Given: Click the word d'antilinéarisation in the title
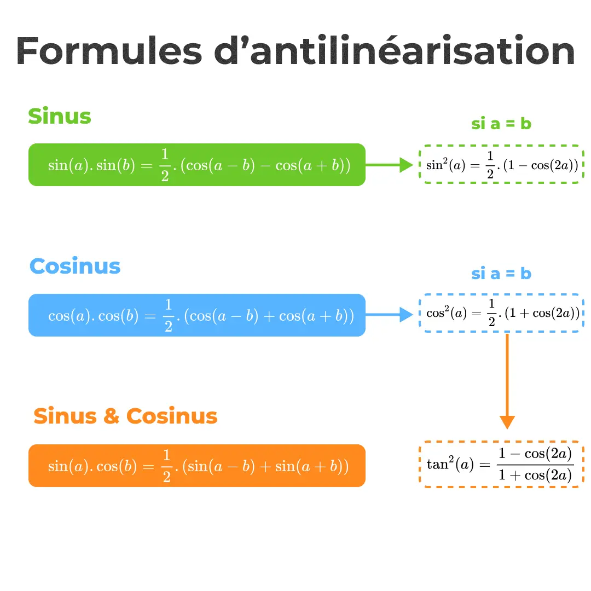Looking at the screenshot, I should coord(394,52).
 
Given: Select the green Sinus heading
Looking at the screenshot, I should coord(60,117).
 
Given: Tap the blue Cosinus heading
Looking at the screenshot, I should coord(75,266).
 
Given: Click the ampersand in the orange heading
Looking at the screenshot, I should coord(111,416).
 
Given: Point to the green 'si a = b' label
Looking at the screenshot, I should coord(501,124).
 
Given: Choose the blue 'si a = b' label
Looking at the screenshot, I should coord(501,273).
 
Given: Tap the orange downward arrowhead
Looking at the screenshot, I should coord(507,422).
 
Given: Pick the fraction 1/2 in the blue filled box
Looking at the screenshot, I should coord(168,316).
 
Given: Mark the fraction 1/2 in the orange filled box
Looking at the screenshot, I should coord(165,466).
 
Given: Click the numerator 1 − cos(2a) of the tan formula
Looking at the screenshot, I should coord(535,454).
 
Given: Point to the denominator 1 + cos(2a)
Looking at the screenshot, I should coord(535,475).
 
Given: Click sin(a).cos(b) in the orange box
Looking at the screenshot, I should coord(92,466).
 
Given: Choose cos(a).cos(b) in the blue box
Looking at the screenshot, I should coord(94,316).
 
